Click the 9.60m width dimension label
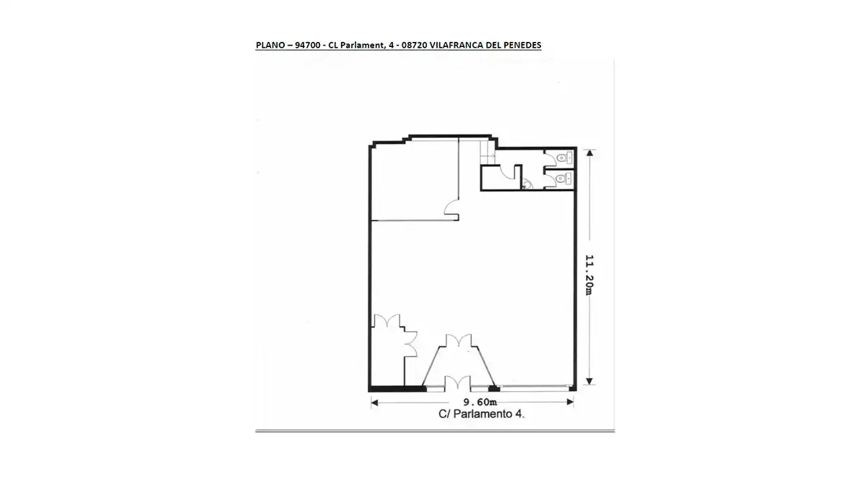click(480, 402)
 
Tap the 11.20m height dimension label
click(589, 275)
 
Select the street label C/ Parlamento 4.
click(481, 414)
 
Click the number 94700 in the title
click(308, 45)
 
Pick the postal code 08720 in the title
click(414, 45)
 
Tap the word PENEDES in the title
click(522, 45)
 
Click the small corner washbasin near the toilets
click(527, 185)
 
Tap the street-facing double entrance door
click(457, 382)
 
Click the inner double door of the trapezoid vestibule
click(459, 340)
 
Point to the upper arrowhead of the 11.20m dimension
click(590, 153)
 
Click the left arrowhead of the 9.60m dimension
click(374, 403)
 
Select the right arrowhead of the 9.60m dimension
click(570, 402)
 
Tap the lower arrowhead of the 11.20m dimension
click(589, 382)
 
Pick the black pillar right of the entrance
click(494, 388)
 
